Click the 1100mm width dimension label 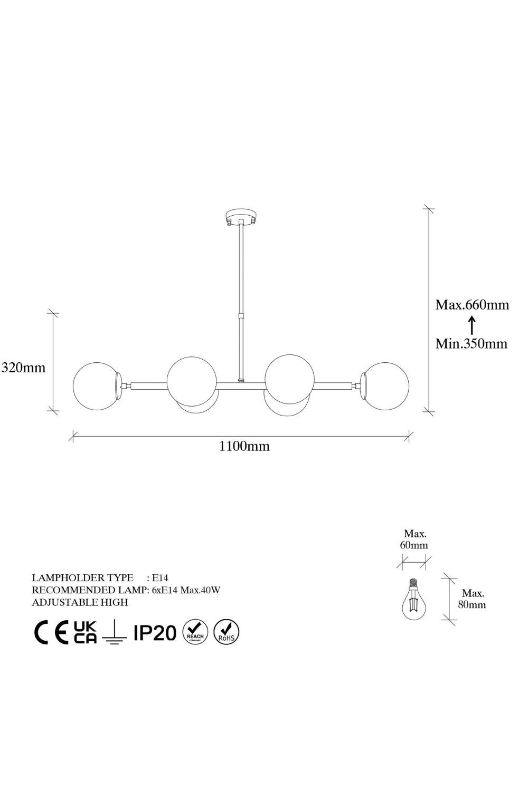(x=244, y=446)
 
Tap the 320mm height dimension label (x=24, y=368)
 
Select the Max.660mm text (x=472, y=304)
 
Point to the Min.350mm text (x=471, y=343)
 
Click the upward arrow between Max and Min (x=472, y=325)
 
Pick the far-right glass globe (x=384, y=386)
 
